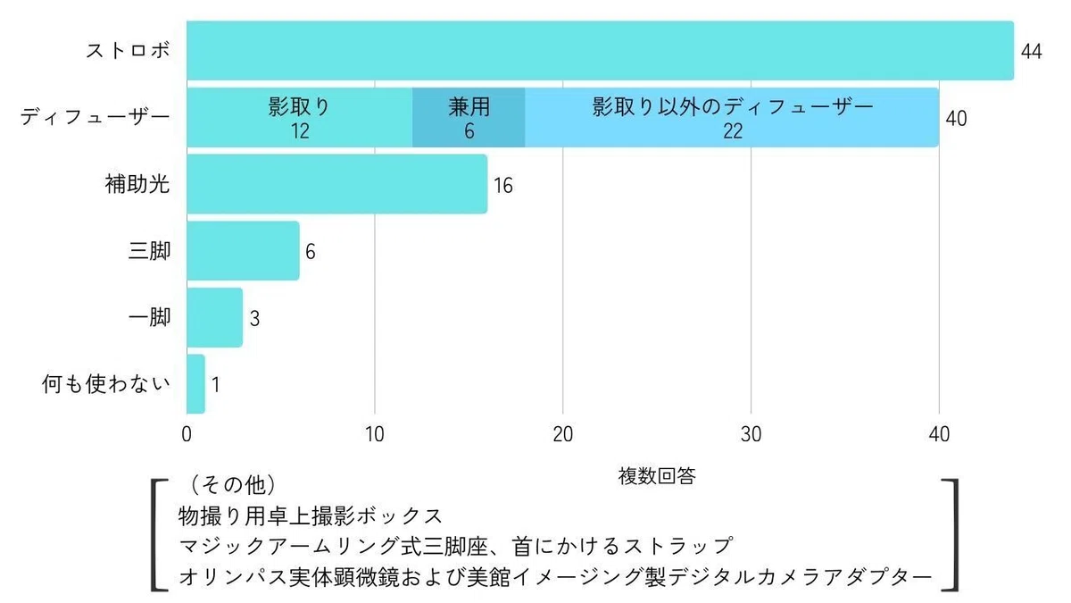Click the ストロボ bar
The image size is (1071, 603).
pos(600,50)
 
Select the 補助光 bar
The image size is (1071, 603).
pos(337,184)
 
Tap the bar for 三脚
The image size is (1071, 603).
pos(243,250)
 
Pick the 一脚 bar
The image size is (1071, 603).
pos(215,317)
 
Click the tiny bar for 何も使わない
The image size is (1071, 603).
pos(195,384)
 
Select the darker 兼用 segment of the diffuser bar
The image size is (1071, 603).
pos(469,117)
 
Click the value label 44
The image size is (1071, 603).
pos(1032,51)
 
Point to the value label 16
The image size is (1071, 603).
pos(503,186)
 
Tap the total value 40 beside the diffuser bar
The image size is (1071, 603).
pos(956,119)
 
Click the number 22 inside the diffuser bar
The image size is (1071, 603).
pos(733,131)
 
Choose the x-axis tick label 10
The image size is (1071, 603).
pos(374,434)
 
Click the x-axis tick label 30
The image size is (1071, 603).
pos(751,434)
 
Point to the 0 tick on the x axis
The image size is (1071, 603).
pos(187,434)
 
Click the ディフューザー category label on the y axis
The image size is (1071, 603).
pos(95,117)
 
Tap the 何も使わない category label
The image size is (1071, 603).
pos(106,384)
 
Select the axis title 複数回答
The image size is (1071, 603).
pos(657,475)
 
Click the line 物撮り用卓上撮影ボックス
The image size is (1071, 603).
pos(311,516)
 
